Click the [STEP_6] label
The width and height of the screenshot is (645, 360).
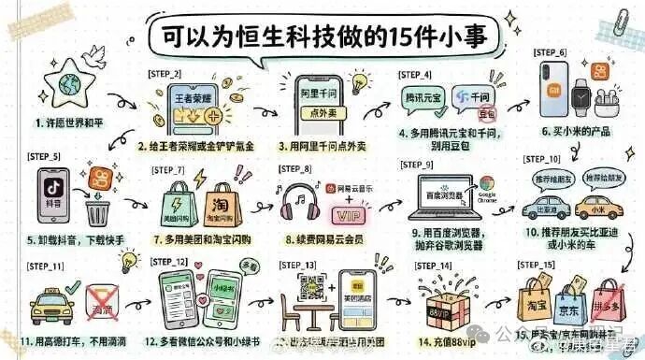[551, 51]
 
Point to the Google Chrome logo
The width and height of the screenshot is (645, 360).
[487, 185]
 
